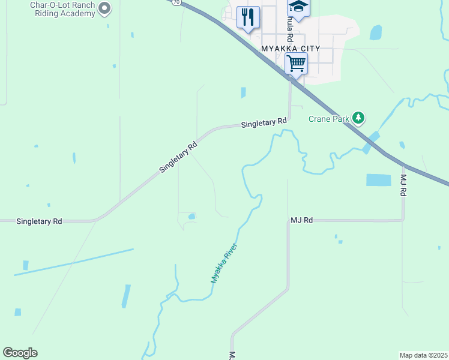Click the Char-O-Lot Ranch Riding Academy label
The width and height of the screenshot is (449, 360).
point(54,9)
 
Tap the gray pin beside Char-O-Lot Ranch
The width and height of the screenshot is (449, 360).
point(104,8)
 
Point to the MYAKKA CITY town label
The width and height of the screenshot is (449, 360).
point(291,48)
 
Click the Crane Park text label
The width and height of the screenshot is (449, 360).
point(328,119)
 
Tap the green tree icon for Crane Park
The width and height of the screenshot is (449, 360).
point(358,118)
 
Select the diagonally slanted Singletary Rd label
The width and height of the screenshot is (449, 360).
point(178,157)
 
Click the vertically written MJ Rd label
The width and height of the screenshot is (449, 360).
point(403,185)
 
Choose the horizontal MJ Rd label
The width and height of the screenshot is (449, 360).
point(302,220)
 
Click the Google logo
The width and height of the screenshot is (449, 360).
point(20,353)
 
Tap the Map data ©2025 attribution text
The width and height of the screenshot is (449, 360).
point(423,355)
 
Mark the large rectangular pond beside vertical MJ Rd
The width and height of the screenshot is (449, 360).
point(378,179)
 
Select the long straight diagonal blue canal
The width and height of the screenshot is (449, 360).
point(73,262)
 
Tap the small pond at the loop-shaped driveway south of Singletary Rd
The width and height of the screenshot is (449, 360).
point(191,216)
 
